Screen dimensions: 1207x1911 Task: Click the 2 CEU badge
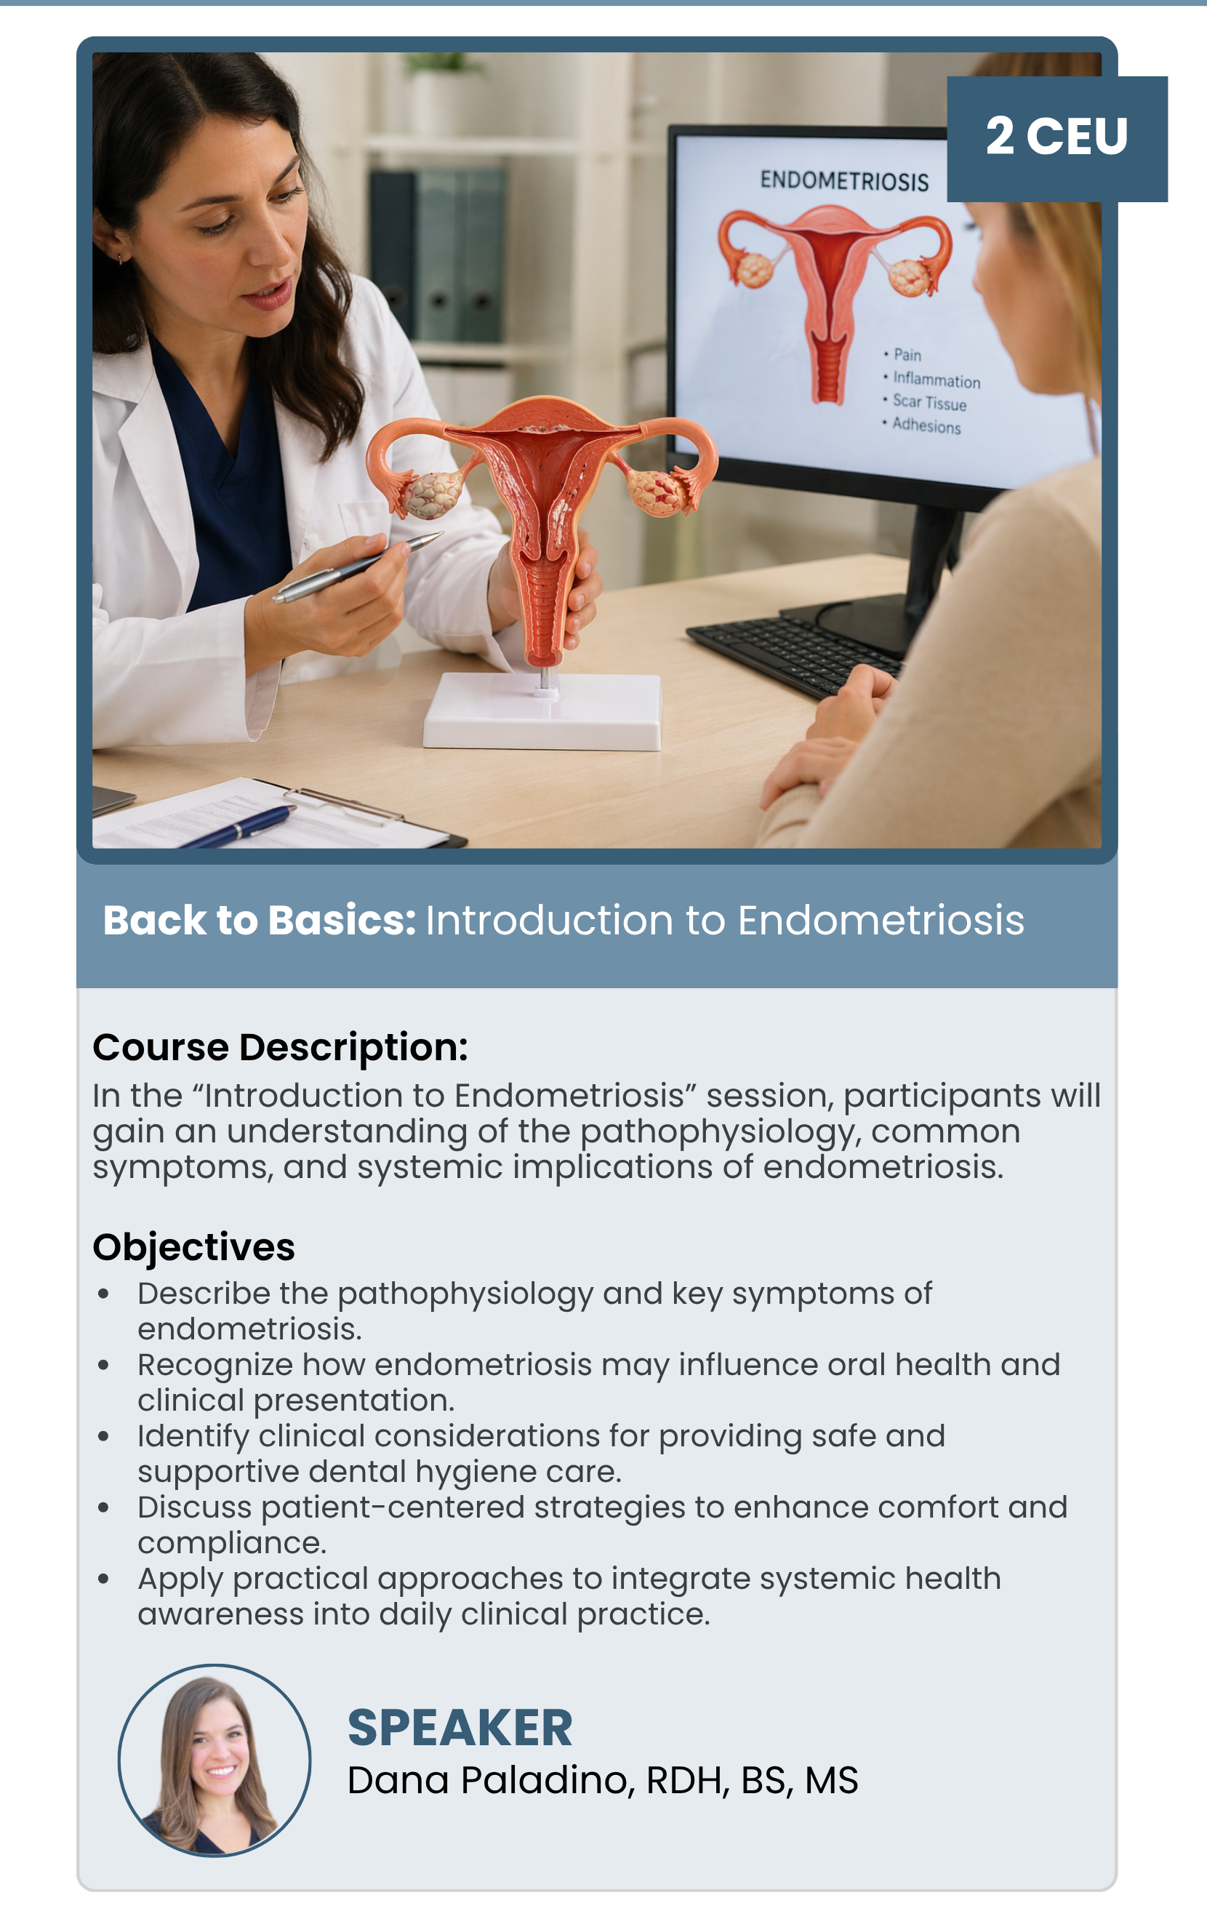1057,139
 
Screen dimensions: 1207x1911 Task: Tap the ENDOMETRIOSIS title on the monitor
844,181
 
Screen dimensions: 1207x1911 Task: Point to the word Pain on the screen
907,355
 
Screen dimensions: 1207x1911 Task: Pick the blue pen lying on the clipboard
238,828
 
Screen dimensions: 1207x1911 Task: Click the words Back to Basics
260,921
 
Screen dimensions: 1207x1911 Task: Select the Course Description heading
280,1048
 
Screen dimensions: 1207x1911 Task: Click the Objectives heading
193,1248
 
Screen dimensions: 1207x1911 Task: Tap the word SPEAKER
460,1728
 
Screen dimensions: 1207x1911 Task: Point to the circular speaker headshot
214,1761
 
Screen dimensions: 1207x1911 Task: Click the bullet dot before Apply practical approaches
103,1579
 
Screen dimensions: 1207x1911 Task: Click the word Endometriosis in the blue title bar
881,921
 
